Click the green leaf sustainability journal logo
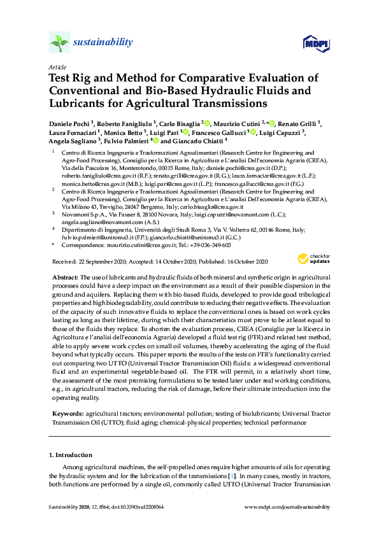coord(59,43)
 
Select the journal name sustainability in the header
coord(104,43)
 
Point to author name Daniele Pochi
coord(71,123)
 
